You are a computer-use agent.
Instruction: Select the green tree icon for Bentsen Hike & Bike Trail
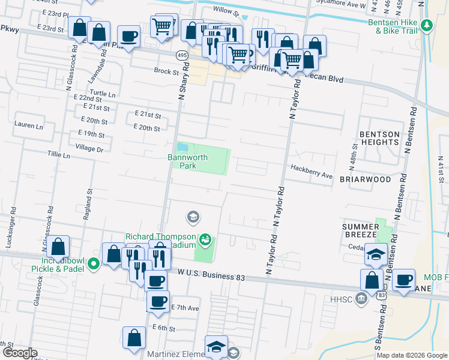pos(427,25)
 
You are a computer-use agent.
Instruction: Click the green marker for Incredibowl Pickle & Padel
pos(94,263)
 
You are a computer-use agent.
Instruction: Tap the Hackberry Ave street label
pos(311,176)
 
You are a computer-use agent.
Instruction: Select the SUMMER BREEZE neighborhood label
pos(360,230)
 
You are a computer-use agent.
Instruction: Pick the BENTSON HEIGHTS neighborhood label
pos(379,138)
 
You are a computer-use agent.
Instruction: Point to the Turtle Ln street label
pos(103,94)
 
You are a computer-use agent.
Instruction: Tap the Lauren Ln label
pos(28,126)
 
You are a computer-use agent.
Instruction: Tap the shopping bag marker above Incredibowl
pos(58,246)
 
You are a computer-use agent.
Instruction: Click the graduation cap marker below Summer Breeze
pos(376,254)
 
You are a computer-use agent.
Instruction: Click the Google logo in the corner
pos(19,353)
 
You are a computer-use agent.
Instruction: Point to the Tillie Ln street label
pos(58,155)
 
